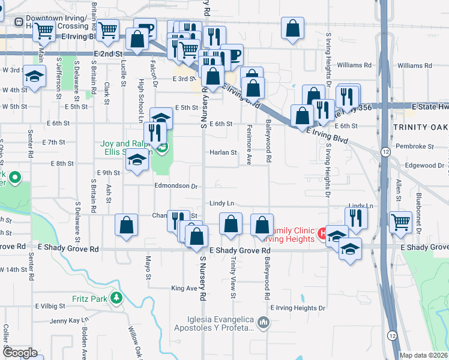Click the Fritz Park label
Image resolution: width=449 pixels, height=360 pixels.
pyautogui.click(x=89, y=298)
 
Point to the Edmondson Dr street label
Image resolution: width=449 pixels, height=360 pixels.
pyautogui.click(x=176, y=186)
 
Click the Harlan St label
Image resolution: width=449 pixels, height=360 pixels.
pyautogui.click(x=223, y=152)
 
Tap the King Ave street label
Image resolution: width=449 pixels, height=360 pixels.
pyautogui.click(x=184, y=289)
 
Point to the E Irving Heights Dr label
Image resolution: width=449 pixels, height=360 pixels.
pyautogui.click(x=298, y=308)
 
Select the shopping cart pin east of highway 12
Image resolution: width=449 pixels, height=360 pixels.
pyautogui.click(x=401, y=221)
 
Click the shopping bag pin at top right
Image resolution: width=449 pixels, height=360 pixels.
pyautogui.click(x=292, y=28)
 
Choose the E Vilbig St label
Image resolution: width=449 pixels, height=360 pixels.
pyautogui.click(x=49, y=305)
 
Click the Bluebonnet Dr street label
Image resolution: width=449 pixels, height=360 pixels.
pyautogui.click(x=418, y=214)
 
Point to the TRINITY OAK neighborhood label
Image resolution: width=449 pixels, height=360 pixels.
pyautogui.click(x=420, y=127)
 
